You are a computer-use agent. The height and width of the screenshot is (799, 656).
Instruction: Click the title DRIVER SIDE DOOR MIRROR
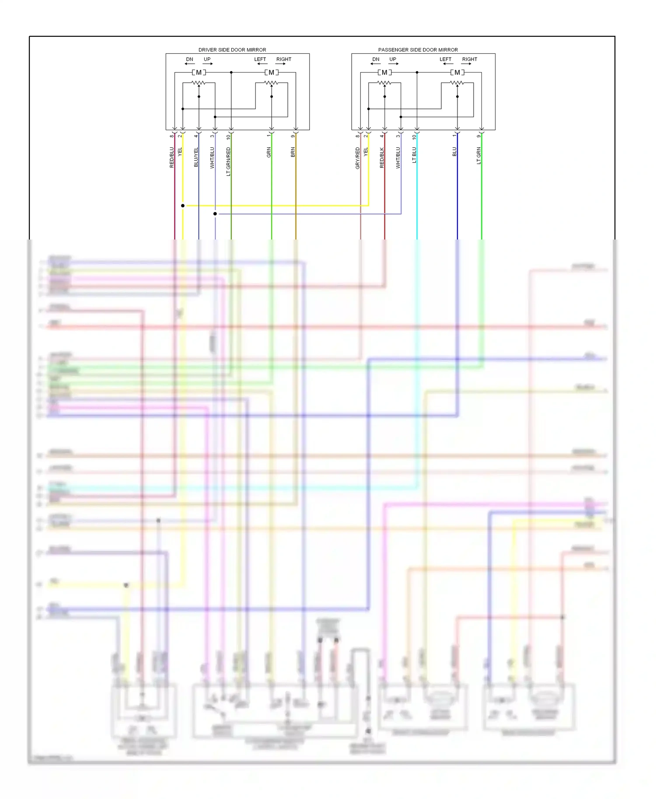(x=232, y=50)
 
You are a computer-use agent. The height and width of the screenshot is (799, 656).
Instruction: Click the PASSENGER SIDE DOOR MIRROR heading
(x=418, y=50)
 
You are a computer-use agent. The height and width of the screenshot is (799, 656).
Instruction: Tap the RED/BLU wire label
(x=172, y=157)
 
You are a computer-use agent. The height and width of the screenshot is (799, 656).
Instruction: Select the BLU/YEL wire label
(x=196, y=157)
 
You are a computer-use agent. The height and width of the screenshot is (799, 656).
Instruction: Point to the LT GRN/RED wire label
(x=228, y=162)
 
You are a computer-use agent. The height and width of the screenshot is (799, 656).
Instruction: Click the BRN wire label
(x=293, y=152)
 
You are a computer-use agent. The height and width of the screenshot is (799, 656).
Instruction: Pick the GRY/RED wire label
(x=358, y=158)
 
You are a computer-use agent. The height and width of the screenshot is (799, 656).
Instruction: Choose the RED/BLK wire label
(x=382, y=157)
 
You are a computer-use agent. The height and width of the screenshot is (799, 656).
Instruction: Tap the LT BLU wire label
(x=414, y=155)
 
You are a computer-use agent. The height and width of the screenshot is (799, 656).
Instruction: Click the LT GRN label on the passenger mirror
(x=479, y=156)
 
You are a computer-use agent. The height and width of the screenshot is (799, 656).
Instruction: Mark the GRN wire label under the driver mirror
(x=269, y=152)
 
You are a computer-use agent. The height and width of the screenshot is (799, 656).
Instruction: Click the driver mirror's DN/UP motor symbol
(x=199, y=73)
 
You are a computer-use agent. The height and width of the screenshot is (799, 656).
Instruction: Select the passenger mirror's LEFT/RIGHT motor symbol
(x=457, y=73)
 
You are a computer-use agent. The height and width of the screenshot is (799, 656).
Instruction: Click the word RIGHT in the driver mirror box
(x=283, y=59)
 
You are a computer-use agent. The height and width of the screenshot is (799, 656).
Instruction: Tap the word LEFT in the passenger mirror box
(x=445, y=59)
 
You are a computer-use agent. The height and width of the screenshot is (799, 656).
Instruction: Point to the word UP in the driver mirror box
(x=207, y=59)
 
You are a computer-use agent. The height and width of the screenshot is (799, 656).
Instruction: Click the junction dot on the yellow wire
(x=183, y=205)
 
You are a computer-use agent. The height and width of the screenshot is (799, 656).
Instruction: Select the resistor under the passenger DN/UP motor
(x=384, y=83)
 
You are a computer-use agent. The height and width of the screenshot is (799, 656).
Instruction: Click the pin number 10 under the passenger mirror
(x=414, y=137)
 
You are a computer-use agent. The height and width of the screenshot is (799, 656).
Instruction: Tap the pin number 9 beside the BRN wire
(x=293, y=136)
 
